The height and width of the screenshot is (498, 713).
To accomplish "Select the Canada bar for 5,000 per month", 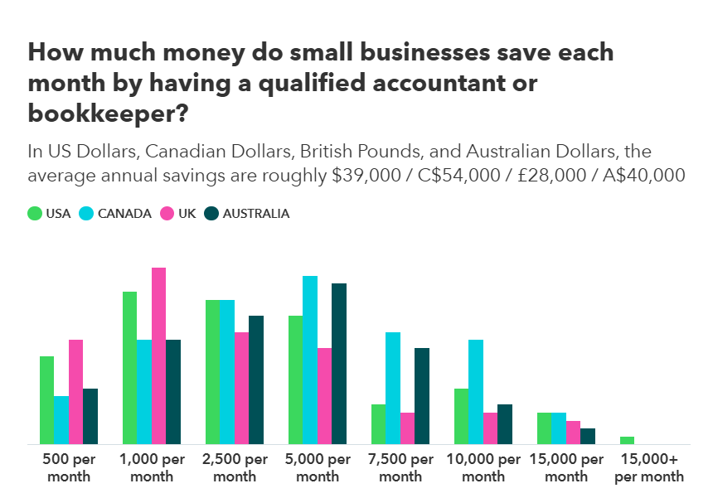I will pyautogui.click(x=310, y=360).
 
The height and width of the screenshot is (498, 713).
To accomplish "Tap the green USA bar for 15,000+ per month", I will pyautogui.click(x=627, y=441).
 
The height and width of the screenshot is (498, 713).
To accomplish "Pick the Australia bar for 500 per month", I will pyautogui.click(x=90, y=416).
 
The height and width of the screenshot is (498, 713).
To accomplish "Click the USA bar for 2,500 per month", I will pyautogui.click(x=212, y=372).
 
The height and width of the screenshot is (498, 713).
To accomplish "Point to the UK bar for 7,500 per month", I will pyautogui.click(x=407, y=428).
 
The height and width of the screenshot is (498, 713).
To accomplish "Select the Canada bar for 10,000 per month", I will pyautogui.click(x=476, y=392).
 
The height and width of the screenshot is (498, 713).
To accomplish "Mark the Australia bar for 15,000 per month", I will pyautogui.click(x=588, y=437).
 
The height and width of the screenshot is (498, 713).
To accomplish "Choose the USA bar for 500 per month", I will pyautogui.click(x=46, y=400).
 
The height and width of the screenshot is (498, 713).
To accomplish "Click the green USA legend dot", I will pyautogui.click(x=35, y=213).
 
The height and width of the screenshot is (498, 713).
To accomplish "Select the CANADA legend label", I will pyautogui.click(x=124, y=213).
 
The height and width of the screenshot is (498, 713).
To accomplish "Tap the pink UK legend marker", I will pyautogui.click(x=167, y=213).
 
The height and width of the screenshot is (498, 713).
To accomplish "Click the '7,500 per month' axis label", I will pyautogui.click(x=400, y=468).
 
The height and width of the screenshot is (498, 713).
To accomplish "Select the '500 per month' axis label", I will pyautogui.click(x=69, y=468).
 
